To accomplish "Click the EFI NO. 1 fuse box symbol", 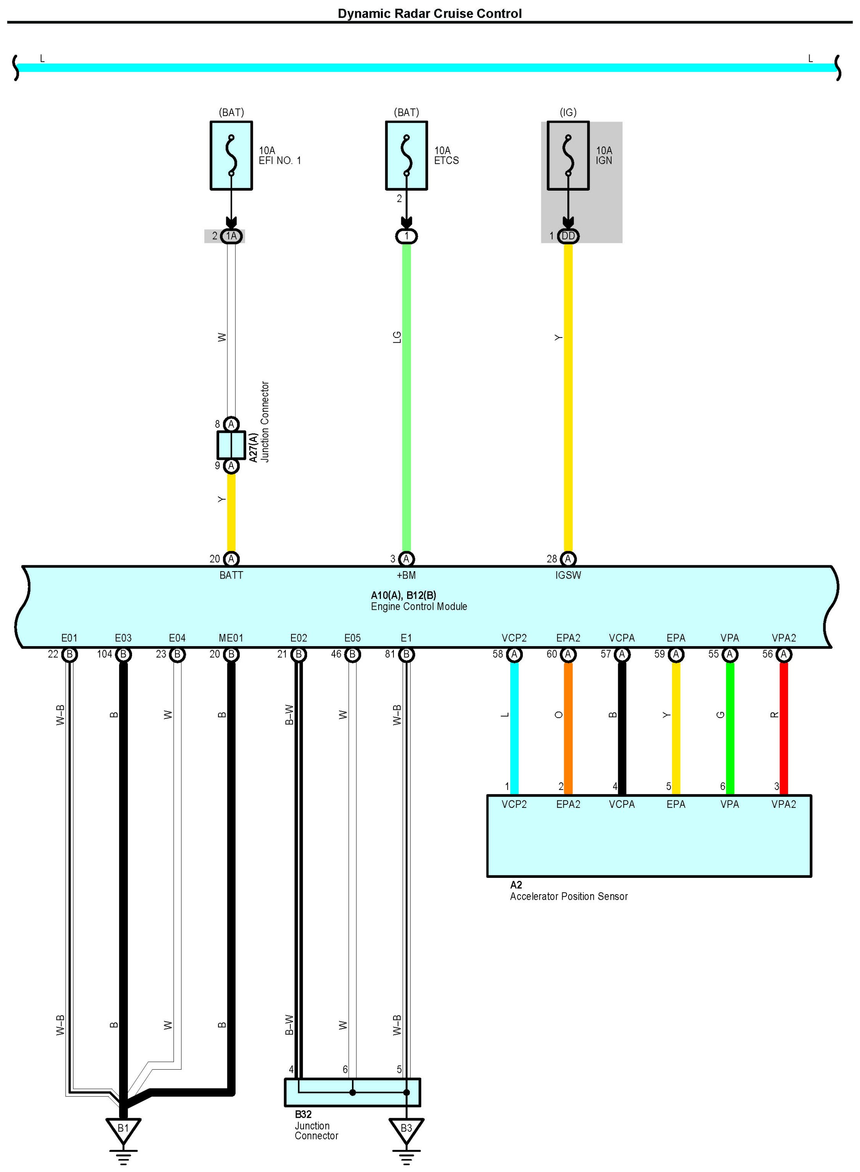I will (x=231, y=155).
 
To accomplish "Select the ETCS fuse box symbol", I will (x=407, y=155).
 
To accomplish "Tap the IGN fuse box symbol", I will (x=568, y=155).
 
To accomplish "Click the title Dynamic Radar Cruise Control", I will (x=429, y=14).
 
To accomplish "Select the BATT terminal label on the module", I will (x=231, y=575).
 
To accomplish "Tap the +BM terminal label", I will (x=406, y=575).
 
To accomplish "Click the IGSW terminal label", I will (x=568, y=575).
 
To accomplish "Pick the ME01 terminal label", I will (x=231, y=638).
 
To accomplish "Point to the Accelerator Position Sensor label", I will (x=569, y=896).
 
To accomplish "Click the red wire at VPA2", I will (x=783, y=729).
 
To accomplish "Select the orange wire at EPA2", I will (x=568, y=729).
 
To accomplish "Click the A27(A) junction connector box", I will (x=231, y=445).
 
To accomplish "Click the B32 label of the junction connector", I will (x=303, y=1114).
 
